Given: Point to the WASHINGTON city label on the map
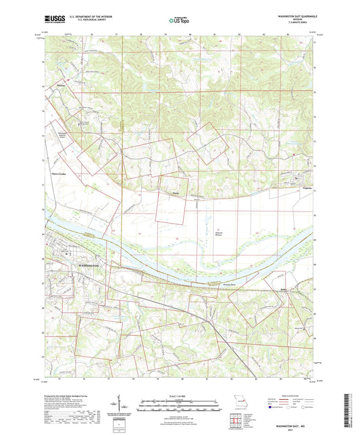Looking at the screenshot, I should [x=88, y=266].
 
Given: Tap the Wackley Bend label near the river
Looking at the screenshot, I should [x=211, y=285].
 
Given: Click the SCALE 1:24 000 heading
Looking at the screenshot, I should [x=180, y=396].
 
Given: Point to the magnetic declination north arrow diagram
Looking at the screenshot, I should [x=126, y=410].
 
